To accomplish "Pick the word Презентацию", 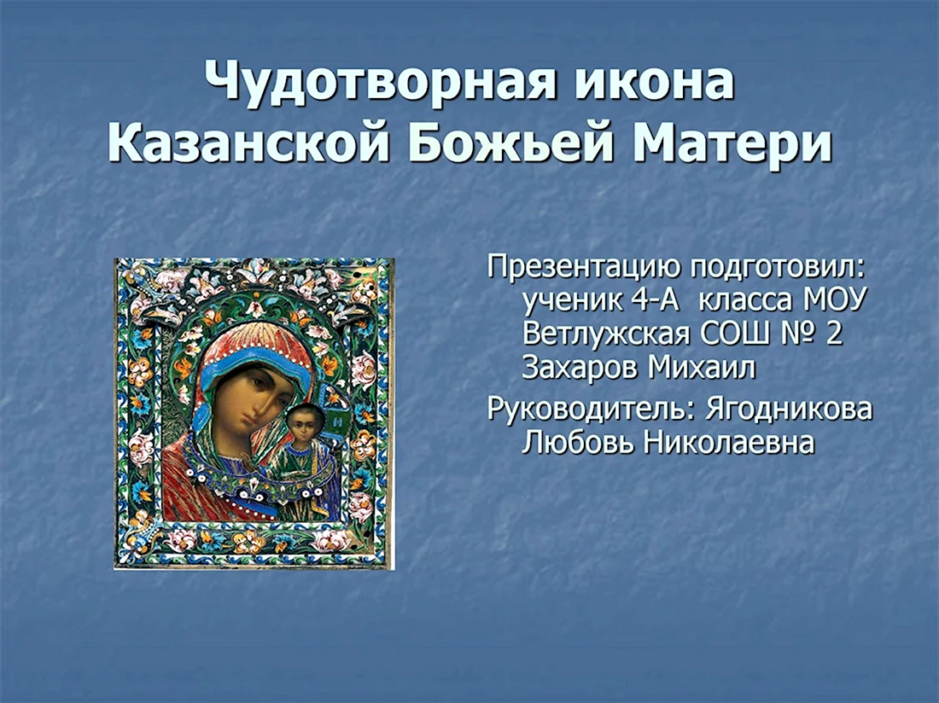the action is coord(584,267).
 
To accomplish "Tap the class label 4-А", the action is coord(654,299).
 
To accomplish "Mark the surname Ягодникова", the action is coord(789,410).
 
